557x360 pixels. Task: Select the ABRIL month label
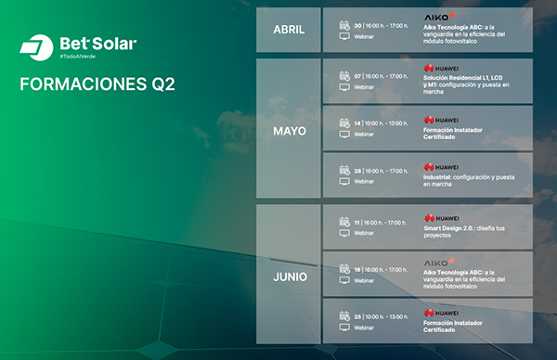click(x=288, y=30)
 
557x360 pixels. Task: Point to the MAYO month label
click(x=289, y=131)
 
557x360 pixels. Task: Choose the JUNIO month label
click(x=289, y=277)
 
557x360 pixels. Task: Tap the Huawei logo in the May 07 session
click(x=441, y=68)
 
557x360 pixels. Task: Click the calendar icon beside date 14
click(x=343, y=122)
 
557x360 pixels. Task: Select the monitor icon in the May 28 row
click(x=343, y=181)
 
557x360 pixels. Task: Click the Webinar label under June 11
click(x=364, y=233)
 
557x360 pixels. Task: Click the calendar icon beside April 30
click(x=343, y=27)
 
